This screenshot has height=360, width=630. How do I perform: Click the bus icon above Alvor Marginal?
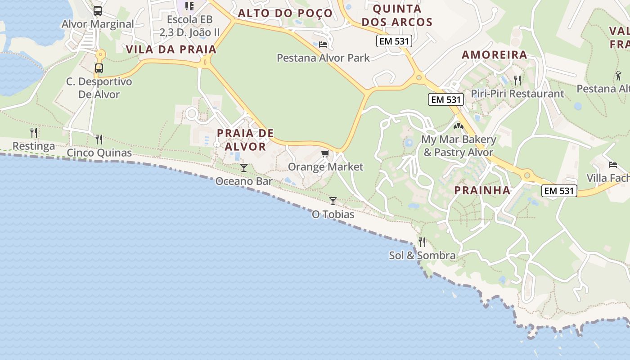click(98, 11)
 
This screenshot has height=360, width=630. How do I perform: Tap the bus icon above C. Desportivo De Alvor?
click(99, 68)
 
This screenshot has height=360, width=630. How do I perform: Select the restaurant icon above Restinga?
click(34, 133)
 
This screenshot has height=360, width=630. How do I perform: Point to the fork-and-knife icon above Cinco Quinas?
click(99, 139)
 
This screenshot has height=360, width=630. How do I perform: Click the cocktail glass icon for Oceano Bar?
click(244, 168)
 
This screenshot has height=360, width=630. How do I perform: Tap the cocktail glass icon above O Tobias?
click(333, 201)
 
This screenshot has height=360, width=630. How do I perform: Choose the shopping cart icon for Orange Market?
click(325, 154)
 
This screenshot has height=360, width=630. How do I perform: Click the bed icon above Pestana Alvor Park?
click(323, 44)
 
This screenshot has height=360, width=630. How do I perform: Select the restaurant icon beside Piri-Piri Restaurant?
click(517, 81)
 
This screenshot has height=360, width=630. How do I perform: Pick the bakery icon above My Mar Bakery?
click(459, 126)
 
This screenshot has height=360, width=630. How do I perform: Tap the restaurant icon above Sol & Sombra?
click(422, 242)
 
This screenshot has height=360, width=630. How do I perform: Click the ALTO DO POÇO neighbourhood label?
click(285, 13)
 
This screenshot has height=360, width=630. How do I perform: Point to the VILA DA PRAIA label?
click(171, 49)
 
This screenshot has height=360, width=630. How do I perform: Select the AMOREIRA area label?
click(495, 55)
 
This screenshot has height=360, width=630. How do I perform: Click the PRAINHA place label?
click(482, 190)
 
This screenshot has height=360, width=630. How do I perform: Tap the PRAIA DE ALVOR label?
click(245, 140)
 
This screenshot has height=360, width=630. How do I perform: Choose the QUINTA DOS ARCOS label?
click(397, 15)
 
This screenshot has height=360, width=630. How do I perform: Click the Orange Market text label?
click(325, 167)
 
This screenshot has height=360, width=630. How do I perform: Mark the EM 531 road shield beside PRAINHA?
click(559, 191)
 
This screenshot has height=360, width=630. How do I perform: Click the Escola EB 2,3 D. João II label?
click(189, 26)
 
